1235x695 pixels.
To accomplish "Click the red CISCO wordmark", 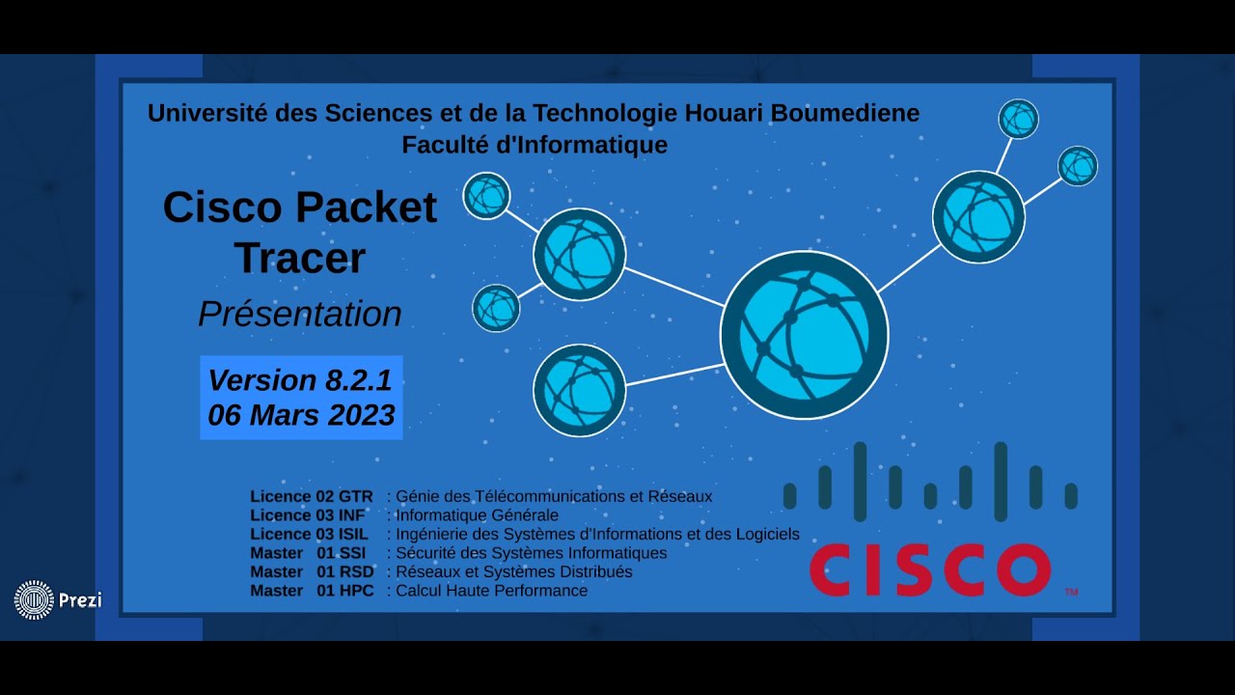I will click(929, 570).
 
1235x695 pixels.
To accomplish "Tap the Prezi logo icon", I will click(34, 599).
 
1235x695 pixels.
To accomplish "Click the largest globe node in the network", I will click(804, 335).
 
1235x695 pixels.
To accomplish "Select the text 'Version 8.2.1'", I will click(300, 380).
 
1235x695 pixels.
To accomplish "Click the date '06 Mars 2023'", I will click(301, 415).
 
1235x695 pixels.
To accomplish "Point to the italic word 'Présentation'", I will click(300, 314).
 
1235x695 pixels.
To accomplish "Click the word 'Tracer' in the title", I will click(300, 258).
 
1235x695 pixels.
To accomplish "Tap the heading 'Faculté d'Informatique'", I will click(535, 145).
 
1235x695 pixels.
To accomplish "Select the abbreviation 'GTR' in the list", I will click(355, 497).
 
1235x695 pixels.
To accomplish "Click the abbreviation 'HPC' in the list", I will click(356, 591).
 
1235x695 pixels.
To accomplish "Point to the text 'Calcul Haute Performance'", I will click(491, 591).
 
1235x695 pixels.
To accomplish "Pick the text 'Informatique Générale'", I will click(477, 515).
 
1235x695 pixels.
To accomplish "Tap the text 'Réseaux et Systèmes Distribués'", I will click(514, 571).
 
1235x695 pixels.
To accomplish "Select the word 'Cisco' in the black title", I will click(223, 208).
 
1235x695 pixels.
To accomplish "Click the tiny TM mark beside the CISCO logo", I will click(1070, 591).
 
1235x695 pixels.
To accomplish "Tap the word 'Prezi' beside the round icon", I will click(80, 600).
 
